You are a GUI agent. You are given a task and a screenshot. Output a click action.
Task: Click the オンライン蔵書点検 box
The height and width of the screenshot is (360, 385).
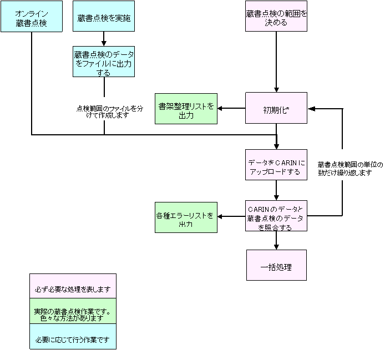tap(32, 16)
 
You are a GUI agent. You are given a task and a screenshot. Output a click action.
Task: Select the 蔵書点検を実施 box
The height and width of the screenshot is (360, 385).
tap(104, 16)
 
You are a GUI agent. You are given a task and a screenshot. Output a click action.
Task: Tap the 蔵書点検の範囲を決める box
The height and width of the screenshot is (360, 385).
tap(276, 16)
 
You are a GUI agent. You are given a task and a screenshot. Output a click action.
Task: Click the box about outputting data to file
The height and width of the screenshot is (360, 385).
tap(104, 62)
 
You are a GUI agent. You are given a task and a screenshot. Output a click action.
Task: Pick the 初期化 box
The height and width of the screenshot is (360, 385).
tap(276, 108)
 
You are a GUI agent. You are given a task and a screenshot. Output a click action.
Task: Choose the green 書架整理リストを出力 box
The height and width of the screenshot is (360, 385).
tap(186, 109)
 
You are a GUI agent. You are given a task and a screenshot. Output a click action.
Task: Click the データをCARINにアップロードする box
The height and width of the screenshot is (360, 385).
tap(276, 165)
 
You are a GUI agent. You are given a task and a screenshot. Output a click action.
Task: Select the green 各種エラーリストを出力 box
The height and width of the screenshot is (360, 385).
tap(186, 217)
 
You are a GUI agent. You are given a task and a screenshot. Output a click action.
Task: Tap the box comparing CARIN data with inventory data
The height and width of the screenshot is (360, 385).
tap(276, 216)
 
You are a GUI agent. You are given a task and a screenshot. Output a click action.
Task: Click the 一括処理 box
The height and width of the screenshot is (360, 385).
tap(276, 265)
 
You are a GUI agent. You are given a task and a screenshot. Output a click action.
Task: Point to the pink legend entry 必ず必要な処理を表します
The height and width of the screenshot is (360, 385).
tap(73, 286)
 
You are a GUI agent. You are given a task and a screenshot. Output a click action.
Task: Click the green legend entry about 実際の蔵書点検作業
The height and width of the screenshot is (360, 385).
tap(73, 311)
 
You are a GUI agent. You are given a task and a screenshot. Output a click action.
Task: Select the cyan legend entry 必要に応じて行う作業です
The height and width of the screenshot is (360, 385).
tap(73, 337)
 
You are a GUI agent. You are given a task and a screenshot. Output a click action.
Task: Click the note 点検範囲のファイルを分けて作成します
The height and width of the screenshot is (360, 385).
tap(110, 111)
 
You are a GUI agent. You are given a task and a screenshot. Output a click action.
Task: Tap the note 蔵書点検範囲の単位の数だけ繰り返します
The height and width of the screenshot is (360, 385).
tap(351, 169)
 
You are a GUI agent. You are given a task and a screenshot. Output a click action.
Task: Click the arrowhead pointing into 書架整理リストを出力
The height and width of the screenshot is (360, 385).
tap(220, 108)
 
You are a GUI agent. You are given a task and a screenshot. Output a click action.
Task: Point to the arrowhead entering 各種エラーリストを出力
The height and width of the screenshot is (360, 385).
tap(220, 216)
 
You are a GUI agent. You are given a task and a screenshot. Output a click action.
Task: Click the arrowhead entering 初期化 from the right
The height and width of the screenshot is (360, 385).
tap(311, 109)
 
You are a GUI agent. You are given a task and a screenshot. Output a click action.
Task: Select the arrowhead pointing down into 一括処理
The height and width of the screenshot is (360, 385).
tap(276, 247)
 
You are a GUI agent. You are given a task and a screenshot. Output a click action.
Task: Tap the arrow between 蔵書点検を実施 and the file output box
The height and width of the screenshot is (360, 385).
tap(104, 39)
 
